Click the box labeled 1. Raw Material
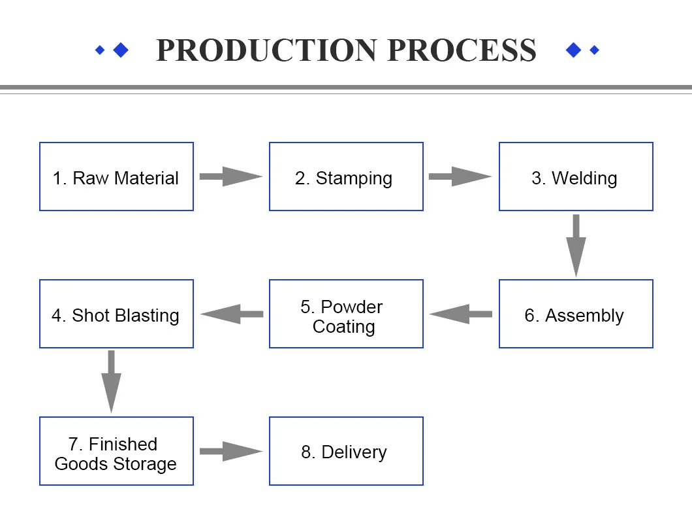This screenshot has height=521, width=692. [x=116, y=176]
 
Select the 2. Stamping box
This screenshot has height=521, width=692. [x=346, y=176]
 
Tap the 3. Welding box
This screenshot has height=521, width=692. [x=576, y=176]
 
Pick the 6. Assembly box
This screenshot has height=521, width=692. [x=576, y=314]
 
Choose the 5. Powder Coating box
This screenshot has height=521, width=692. [x=346, y=314]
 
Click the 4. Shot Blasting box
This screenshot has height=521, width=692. [x=116, y=314]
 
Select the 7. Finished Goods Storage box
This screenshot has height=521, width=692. [x=116, y=451]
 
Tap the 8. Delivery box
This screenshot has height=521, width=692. [x=346, y=451]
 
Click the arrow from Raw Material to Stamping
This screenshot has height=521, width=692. [x=230, y=176]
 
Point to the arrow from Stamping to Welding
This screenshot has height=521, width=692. [x=460, y=176]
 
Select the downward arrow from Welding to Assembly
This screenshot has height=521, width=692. [x=576, y=245]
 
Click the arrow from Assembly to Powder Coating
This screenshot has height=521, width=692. [x=461, y=314]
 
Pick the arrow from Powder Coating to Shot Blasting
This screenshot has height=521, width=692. [x=231, y=314]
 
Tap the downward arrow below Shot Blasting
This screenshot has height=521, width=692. [x=111, y=381]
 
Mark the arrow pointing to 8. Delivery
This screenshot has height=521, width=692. [x=230, y=451]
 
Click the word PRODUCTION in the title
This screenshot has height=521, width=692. [x=266, y=50]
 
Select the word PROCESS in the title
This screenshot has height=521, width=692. [x=462, y=50]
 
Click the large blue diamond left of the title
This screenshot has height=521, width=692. [x=120, y=50]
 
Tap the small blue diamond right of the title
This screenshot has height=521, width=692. [x=594, y=50]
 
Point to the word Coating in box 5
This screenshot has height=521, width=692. [x=343, y=327]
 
